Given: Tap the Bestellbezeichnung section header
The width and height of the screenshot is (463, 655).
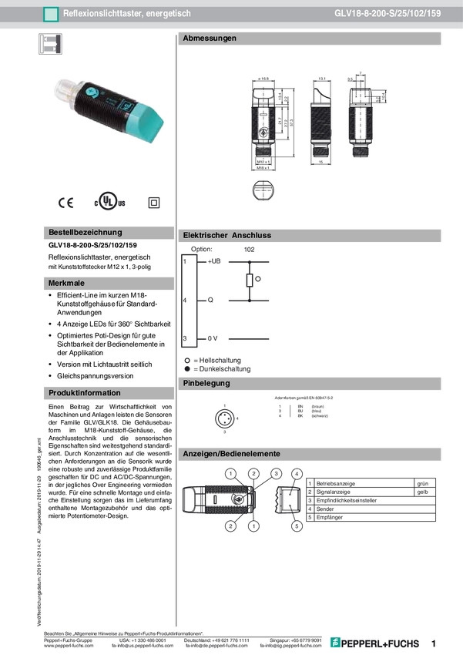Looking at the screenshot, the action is [x=85, y=232].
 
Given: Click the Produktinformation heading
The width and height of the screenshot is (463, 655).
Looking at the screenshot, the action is [x=85, y=392].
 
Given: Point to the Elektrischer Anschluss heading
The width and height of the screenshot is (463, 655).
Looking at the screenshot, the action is [x=226, y=235].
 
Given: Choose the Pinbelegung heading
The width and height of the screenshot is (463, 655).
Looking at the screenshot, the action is [x=206, y=383].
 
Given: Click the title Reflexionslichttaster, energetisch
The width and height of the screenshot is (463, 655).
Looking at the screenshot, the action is [x=127, y=14].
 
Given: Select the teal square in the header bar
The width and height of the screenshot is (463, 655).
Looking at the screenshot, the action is [x=51, y=14].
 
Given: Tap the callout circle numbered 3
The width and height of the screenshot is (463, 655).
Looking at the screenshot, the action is [x=277, y=472].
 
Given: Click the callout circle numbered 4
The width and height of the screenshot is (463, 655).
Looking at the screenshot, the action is [x=297, y=472].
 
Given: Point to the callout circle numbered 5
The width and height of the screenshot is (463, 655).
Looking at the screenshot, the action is [x=297, y=526].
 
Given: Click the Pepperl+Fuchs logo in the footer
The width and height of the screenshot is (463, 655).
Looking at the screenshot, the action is [x=375, y=643].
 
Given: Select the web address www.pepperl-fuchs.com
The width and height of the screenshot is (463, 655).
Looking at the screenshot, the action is [x=69, y=646].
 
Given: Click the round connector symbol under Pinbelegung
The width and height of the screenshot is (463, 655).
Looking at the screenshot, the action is [x=223, y=417].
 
